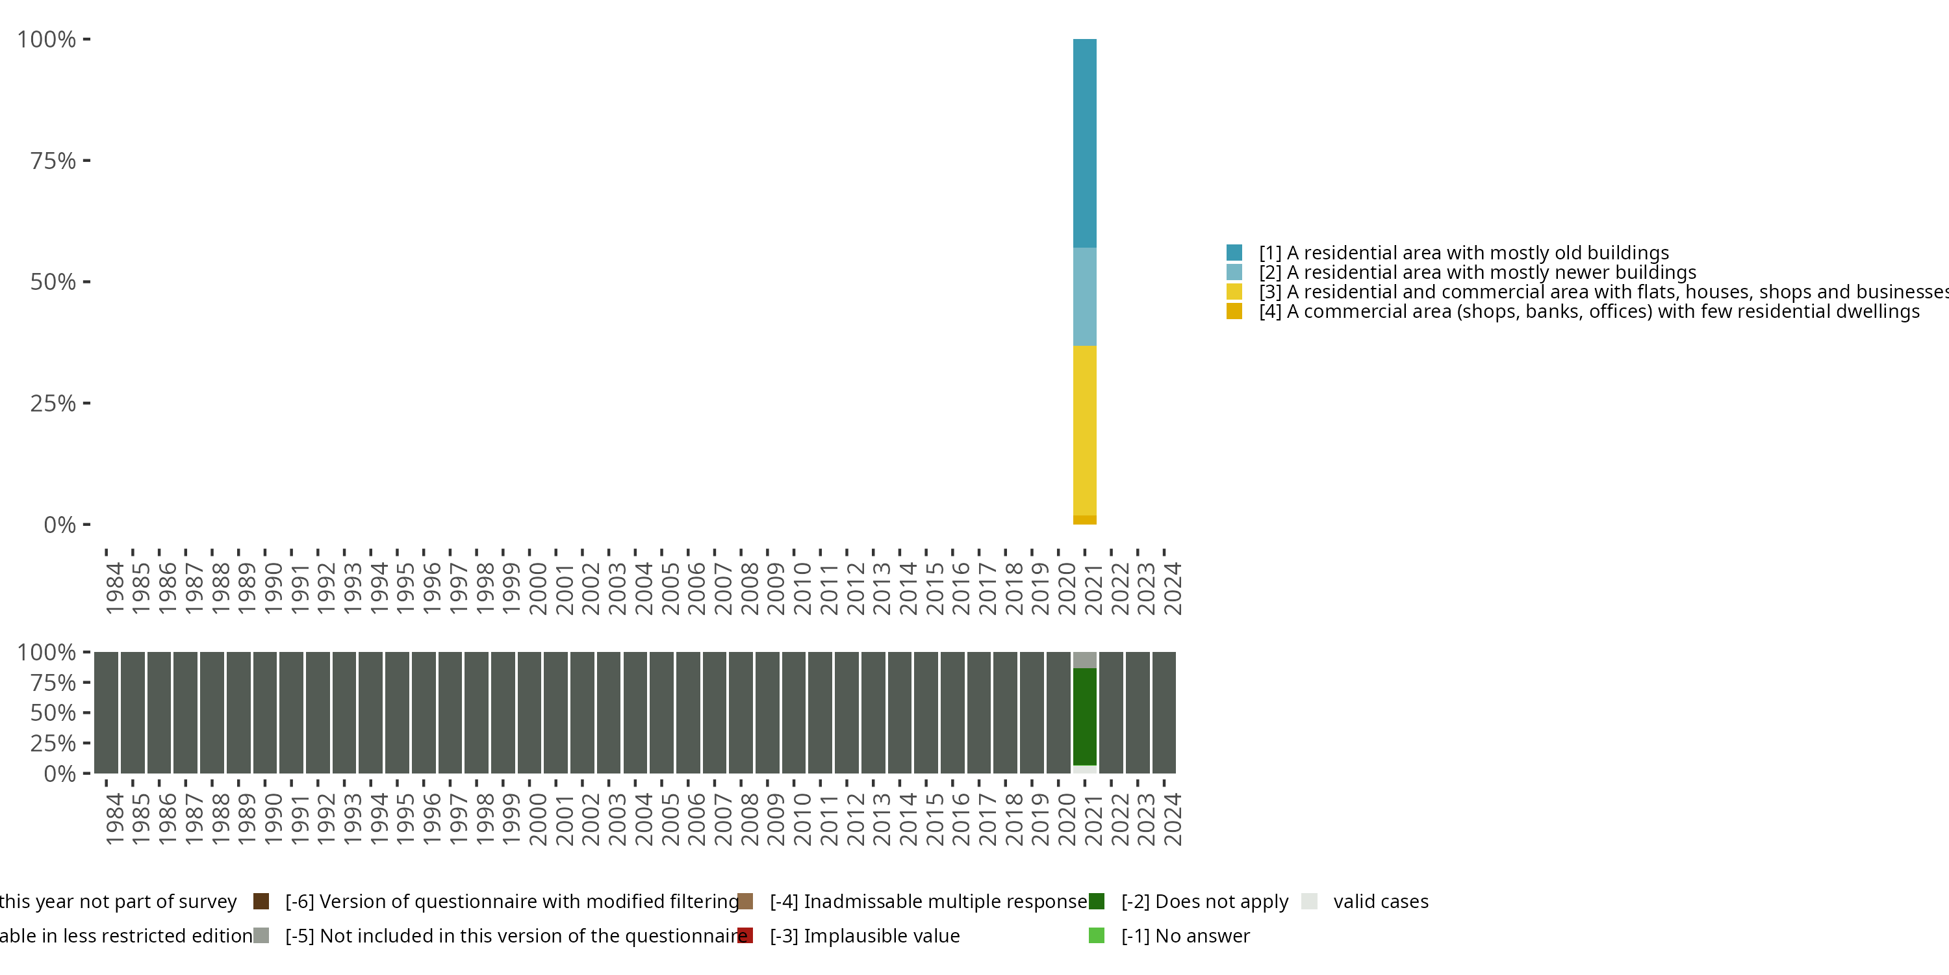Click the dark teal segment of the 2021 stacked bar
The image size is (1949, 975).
1084,143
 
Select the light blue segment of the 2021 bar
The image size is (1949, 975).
1084,297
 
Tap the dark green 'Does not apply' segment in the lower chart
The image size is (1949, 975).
1084,716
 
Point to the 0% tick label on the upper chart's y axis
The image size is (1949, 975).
60,525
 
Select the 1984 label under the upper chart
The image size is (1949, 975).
114,588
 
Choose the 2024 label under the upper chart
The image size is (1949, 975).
1172,588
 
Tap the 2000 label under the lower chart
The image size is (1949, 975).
538,819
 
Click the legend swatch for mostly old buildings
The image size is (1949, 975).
1234,253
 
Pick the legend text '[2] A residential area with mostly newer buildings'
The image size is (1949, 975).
1477,272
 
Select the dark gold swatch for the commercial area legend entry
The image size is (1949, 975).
1234,311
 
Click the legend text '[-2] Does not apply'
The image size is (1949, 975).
1204,902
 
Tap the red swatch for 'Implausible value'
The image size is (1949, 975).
745,935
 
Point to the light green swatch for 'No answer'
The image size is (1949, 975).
1097,935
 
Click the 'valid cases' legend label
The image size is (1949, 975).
1381,902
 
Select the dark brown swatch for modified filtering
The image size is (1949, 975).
261,902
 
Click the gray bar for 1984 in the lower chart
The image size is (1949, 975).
106,712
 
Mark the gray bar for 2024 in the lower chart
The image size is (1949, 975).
1164,712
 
